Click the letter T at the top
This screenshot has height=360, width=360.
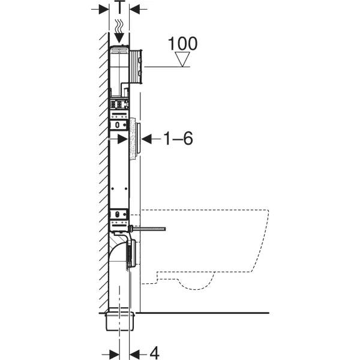119,7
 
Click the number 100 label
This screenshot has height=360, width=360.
182,43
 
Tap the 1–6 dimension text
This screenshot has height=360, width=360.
178,139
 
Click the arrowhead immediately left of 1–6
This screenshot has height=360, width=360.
146,139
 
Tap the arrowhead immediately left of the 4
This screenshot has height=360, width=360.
135,354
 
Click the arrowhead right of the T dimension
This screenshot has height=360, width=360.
134,10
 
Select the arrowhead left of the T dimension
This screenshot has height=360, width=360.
104,10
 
